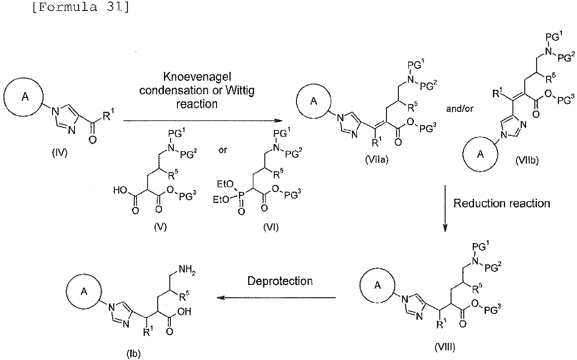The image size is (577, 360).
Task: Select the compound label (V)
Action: point(160,227)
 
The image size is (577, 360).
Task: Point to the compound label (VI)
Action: point(271,227)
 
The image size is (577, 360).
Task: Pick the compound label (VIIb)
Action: point(527,160)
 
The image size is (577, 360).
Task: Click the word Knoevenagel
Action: point(197,77)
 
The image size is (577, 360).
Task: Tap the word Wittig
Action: point(240,91)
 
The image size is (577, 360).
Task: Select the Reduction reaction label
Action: point(502,203)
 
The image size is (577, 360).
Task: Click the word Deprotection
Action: point(280,281)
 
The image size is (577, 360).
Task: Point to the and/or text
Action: point(459,109)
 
